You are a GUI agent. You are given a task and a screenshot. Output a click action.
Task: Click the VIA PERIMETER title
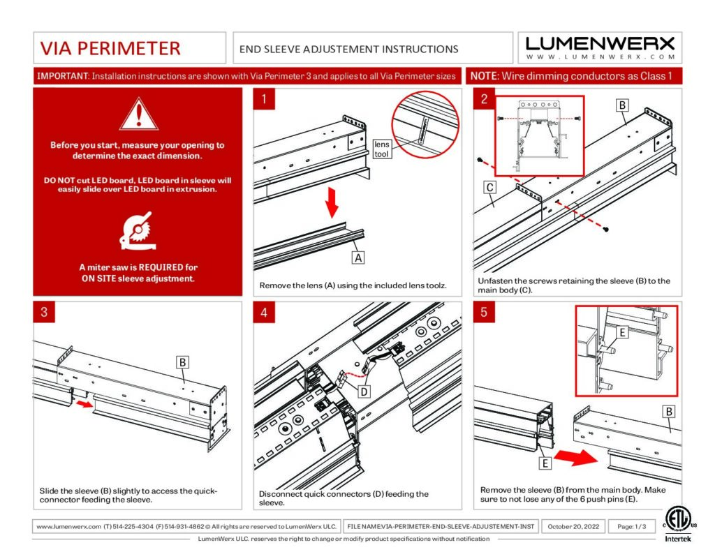coord(110,48)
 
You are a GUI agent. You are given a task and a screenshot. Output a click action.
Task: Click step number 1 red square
coord(263,99)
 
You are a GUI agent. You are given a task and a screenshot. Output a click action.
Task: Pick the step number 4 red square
coord(263,312)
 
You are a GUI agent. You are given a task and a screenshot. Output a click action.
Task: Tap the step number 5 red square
coord(484,312)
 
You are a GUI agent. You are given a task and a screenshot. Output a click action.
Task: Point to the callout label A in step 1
coord(357,258)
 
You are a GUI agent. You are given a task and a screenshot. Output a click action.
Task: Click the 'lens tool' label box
coord(382,149)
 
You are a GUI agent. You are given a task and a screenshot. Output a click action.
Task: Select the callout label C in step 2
coord(490,187)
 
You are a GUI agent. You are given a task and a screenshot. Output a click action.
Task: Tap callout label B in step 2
coord(622,105)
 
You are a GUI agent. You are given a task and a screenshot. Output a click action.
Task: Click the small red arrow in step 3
coord(84,403)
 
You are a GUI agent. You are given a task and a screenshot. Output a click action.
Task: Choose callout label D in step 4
coord(364,391)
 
